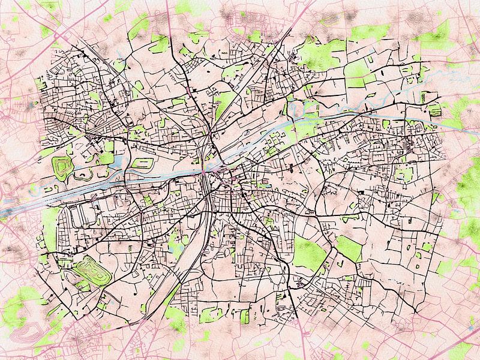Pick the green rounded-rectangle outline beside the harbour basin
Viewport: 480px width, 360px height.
click(x=140, y=163)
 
